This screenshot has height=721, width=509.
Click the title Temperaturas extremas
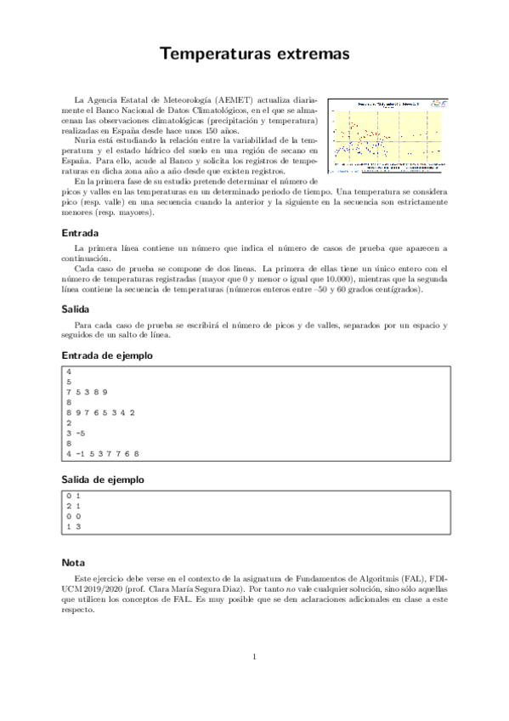[x=254, y=54]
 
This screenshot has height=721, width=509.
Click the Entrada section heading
[x=81, y=232]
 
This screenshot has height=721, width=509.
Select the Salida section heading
[x=76, y=309]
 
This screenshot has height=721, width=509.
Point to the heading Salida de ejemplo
[x=103, y=480]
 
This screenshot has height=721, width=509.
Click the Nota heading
[x=73, y=562]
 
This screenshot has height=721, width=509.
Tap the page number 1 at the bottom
[x=254, y=656]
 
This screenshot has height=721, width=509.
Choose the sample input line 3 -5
[x=75, y=433]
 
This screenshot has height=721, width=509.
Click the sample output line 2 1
[x=71, y=506]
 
